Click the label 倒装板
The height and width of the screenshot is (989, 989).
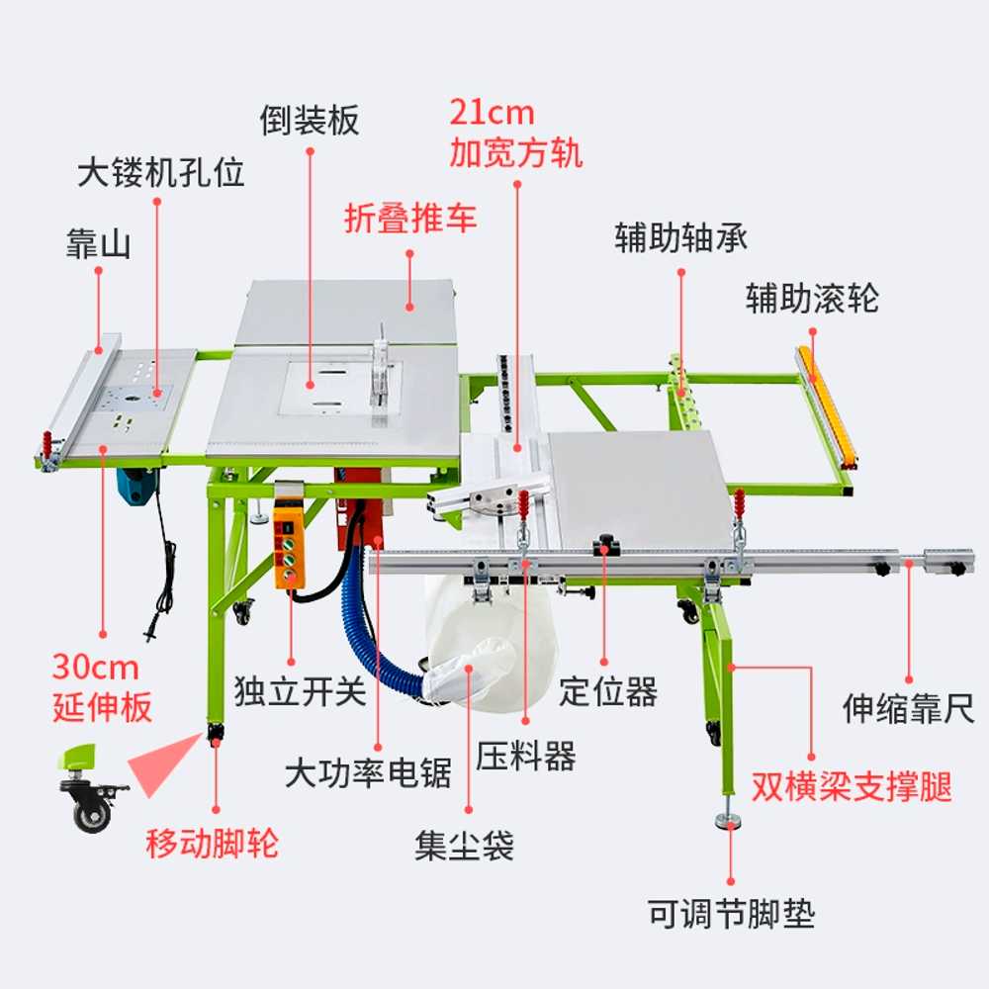[309, 121]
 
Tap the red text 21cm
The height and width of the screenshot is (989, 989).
[492, 114]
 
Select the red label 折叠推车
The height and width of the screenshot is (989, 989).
[410, 219]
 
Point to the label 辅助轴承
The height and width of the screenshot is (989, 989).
[681, 237]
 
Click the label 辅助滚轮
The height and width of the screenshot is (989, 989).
[812, 298]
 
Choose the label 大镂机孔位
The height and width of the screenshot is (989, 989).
[161, 172]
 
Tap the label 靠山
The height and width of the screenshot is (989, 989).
[98, 244]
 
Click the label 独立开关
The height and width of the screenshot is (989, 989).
[301, 691]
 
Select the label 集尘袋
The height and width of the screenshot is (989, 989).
[464, 846]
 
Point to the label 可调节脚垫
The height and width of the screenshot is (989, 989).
[732, 913]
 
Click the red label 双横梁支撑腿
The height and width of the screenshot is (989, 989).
[852, 786]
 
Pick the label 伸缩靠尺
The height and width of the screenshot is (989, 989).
[908, 708]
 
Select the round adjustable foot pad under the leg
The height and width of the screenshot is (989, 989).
[729, 821]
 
